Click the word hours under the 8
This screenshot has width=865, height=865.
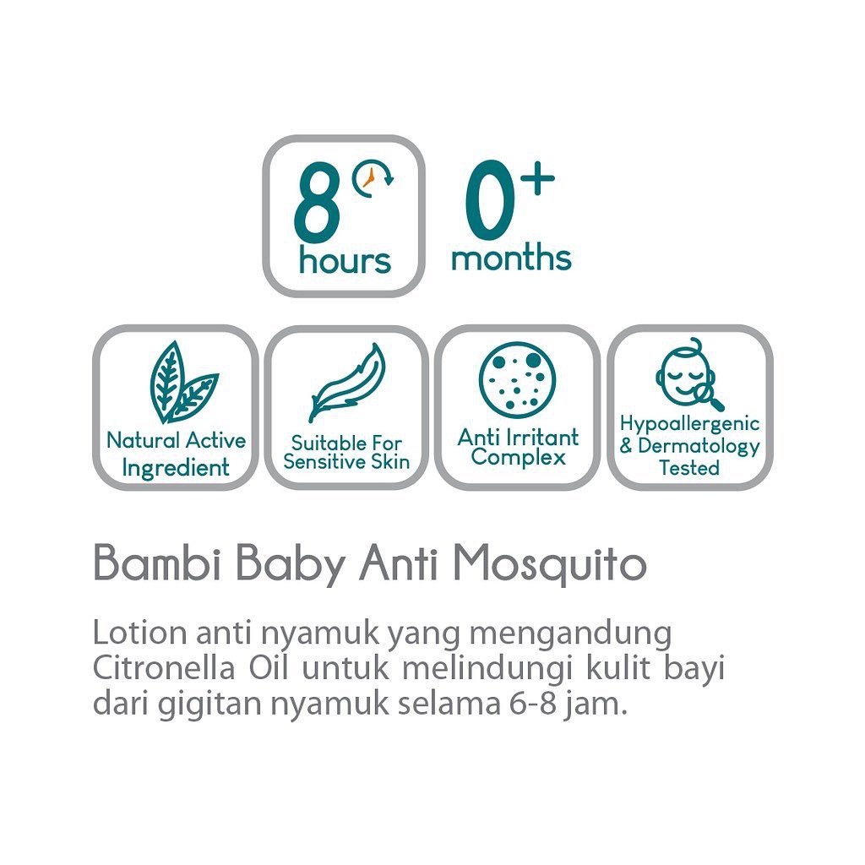[345, 260]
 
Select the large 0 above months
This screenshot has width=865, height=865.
[490, 205]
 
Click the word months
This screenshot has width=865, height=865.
[511, 258]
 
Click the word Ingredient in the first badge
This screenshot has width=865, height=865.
[176, 467]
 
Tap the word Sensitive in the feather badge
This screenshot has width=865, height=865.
[323, 462]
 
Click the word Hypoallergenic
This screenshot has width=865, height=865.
[689, 424]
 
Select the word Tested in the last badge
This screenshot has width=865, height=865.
[689, 467]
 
